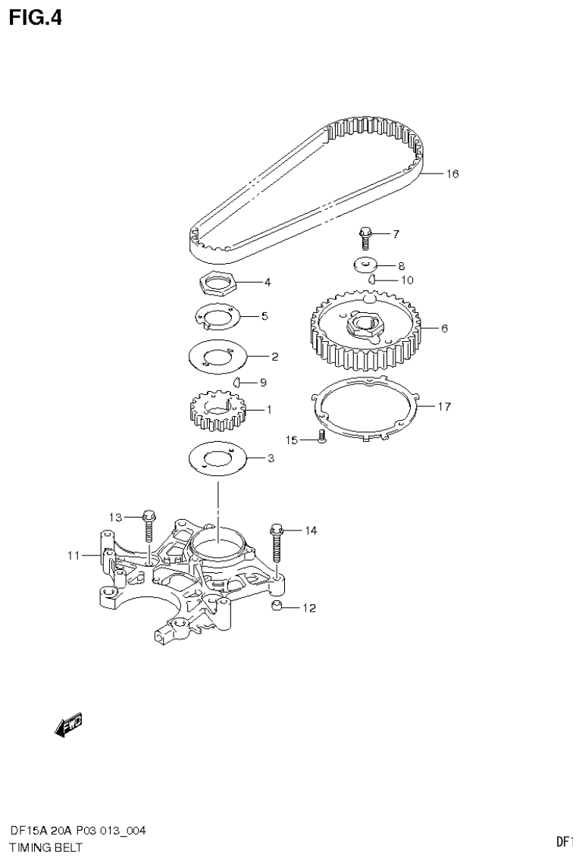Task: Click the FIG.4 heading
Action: tap(35, 17)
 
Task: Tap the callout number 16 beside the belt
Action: tap(452, 174)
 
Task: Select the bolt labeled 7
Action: tap(365, 237)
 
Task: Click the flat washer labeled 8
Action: tap(367, 265)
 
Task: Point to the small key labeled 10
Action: tap(373, 280)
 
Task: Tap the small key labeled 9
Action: tap(236, 381)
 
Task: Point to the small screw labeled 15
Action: tap(321, 437)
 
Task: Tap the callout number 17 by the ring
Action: tap(444, 406)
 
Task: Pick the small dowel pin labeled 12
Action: tap(277, 606)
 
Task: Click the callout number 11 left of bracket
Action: tap(73, 556)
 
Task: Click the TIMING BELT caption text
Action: tap(45, 847)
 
